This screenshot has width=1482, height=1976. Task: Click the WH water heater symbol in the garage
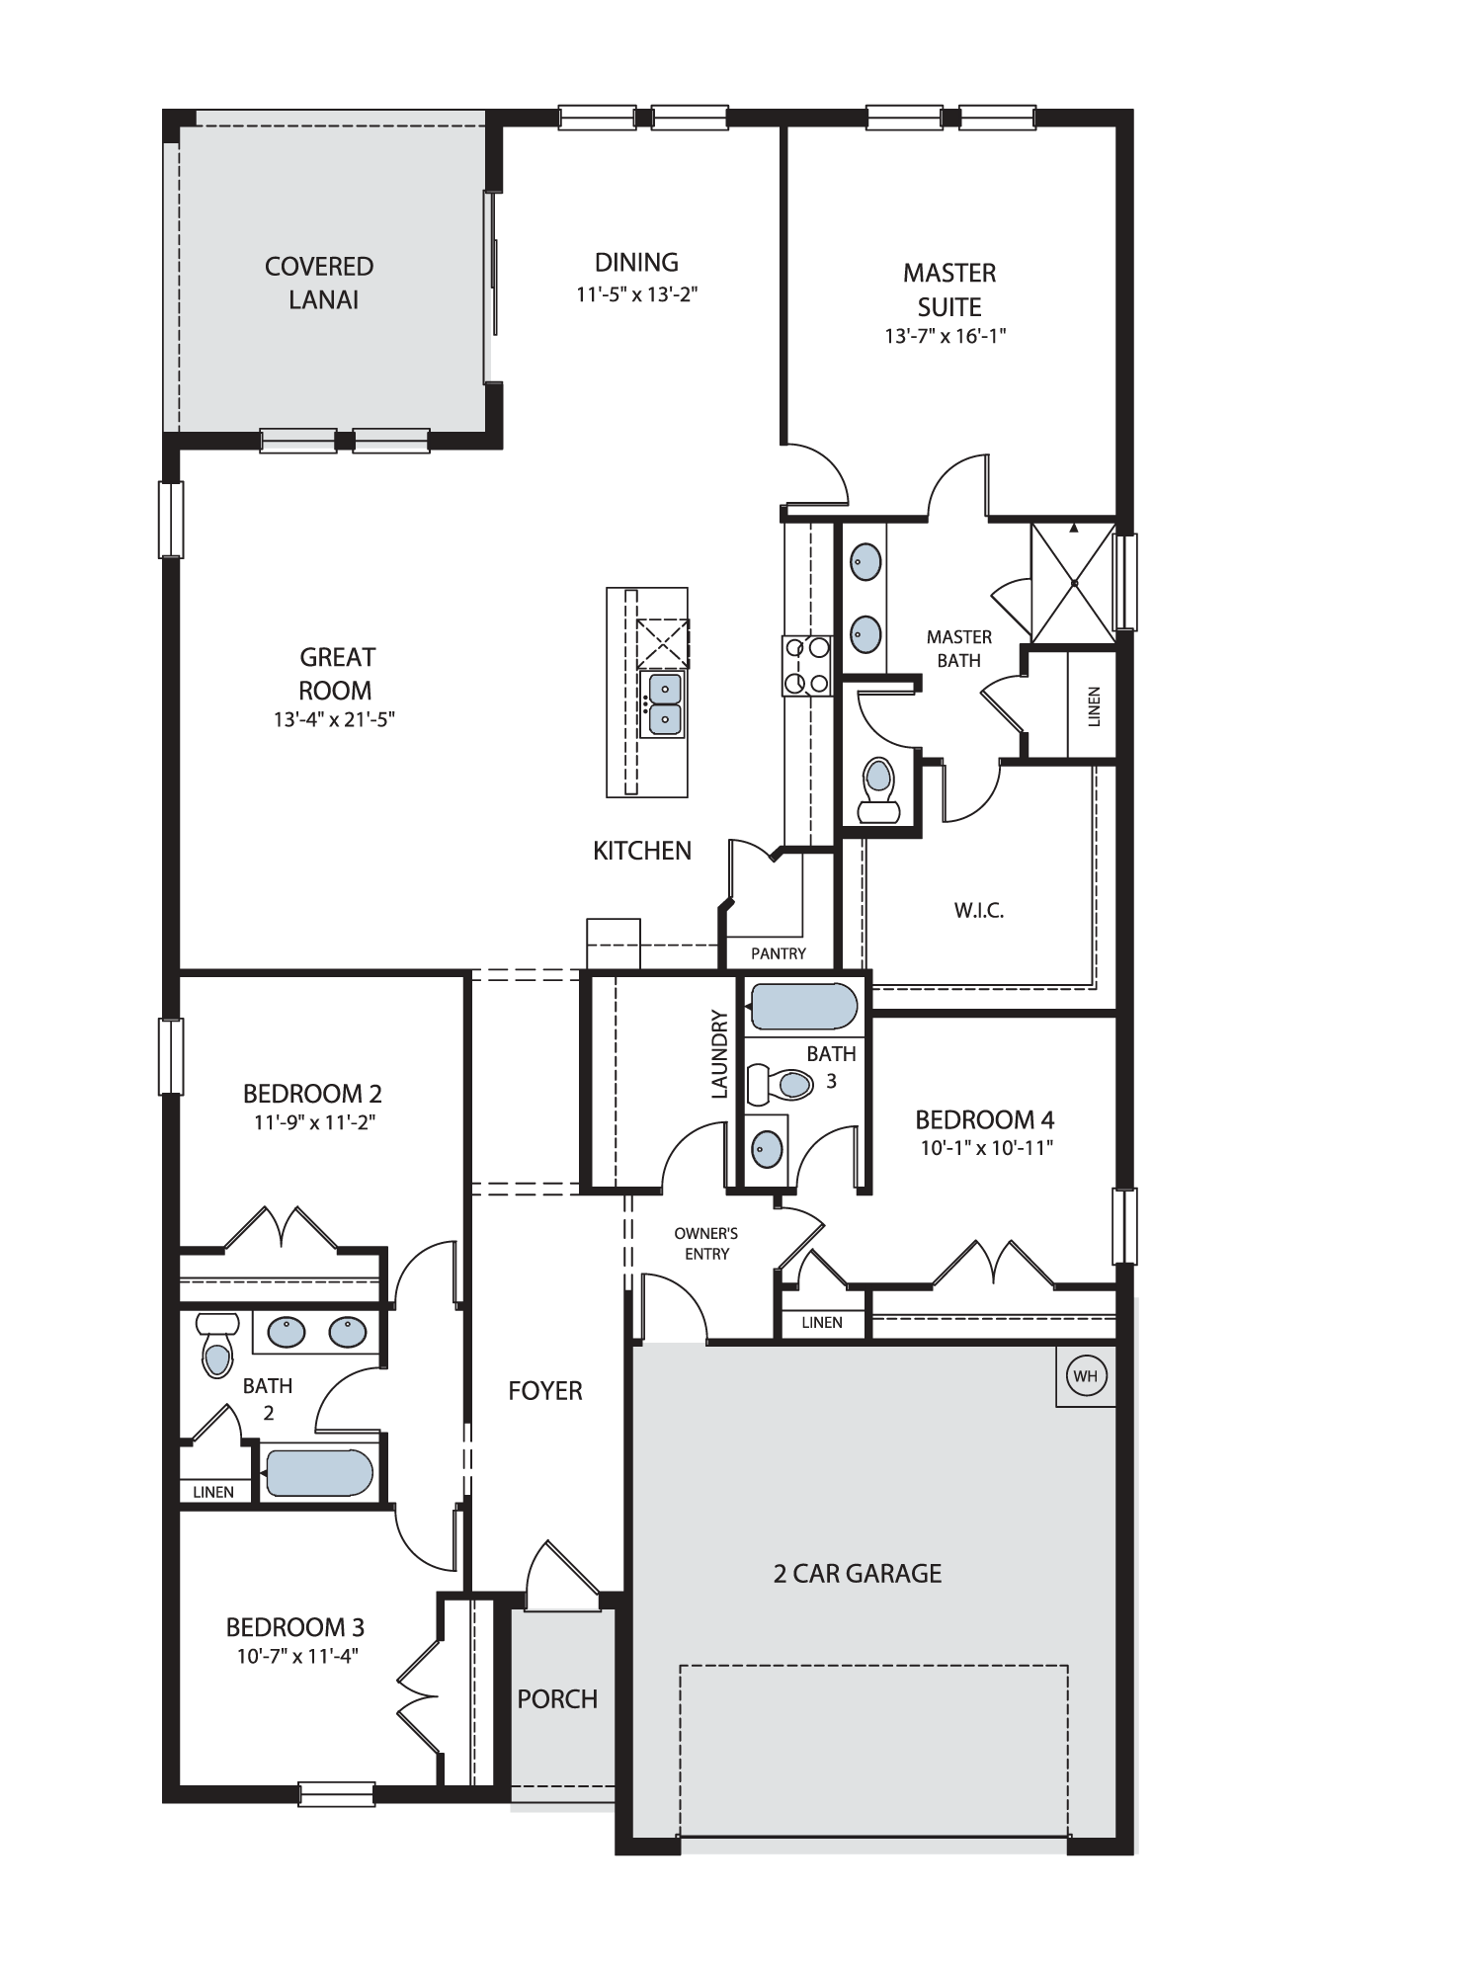pos(1085,1375)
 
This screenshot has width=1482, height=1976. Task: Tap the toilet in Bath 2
pos(217,1345)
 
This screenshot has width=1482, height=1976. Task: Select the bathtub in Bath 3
pos(803,1007)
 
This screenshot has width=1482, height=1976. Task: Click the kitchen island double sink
pos(665,703)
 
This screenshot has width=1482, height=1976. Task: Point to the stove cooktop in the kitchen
pos(807,664)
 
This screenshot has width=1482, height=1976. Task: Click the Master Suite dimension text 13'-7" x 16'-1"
pos(945,336)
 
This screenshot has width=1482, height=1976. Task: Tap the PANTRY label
pos(778,953)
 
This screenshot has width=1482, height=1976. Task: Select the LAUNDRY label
pos(719,1053)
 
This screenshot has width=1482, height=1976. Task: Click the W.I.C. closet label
pos(979,911)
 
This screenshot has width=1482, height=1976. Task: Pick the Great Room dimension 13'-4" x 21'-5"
pos(334,719)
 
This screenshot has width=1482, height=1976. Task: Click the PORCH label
pos(557,1699)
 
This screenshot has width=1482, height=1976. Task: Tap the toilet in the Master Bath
pos(878,790)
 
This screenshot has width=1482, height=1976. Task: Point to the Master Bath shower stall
pos(1073,582)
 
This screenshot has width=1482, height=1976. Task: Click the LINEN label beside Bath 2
pos(213,1492)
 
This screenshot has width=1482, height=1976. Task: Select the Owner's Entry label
pos(706,1243)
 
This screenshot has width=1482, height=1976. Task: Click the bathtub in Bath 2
pos(319,1472)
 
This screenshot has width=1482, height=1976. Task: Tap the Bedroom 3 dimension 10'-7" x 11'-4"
pos(296,1656)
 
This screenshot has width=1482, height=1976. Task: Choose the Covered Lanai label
pos(321,283)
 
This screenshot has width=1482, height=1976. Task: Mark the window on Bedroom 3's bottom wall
pos(337,1793)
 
